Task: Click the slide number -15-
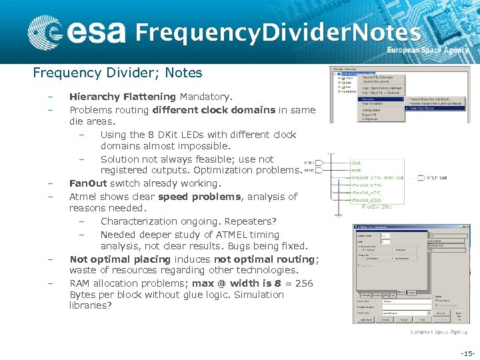pyautogui.click(x=468, y=353)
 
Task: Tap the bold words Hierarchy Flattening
pyautogui.click(x=123, y=97)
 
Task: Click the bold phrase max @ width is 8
pyautogui.click(x=233, y=283)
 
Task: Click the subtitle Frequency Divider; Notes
pyautogui.click(x=117, y=73)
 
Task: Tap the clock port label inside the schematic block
pyautogui.click(x=356, y=163)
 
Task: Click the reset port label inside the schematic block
pyautogui.click(x=356, y=170)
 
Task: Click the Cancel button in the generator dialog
pyautogui.click(x=403, y=319)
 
